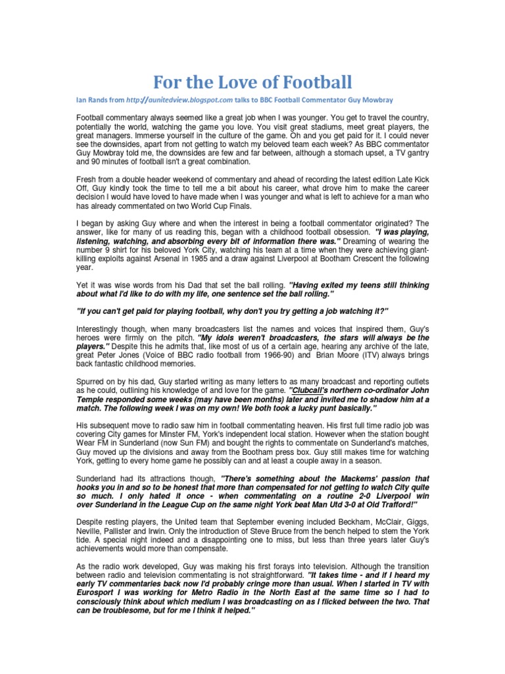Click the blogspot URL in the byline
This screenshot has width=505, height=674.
(180, 100)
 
